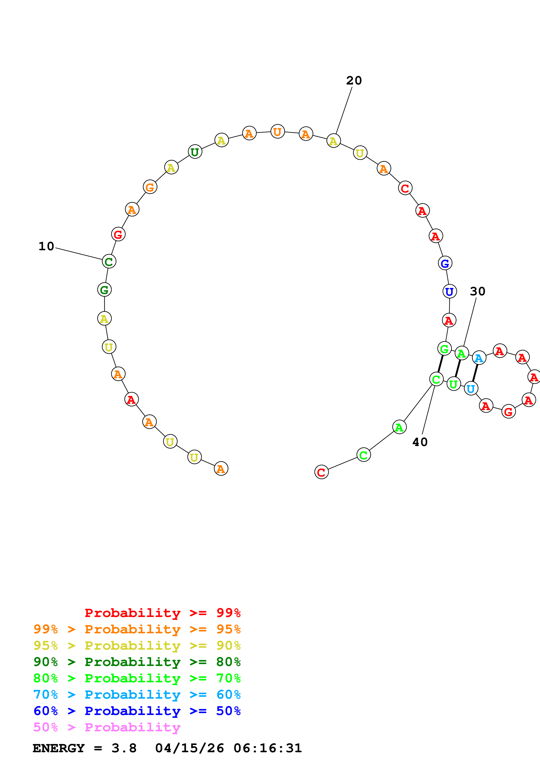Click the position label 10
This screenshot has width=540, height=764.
[46, 247]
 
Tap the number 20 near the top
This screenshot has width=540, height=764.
[354, 81]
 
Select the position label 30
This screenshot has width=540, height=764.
[477, 291]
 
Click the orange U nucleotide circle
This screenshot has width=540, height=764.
[278, 132]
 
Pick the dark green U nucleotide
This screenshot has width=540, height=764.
[195, 152]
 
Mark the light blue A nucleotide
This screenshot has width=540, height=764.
[479, 358]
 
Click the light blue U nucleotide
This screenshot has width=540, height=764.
[471, 388]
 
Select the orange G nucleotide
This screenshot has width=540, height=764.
[150, 187]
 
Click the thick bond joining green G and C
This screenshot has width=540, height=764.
[440, 364]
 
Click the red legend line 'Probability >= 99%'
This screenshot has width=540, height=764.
[162, 613]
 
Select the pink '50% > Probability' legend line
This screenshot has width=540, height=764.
[107, 727]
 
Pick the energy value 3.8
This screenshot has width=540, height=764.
[124, 748]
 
